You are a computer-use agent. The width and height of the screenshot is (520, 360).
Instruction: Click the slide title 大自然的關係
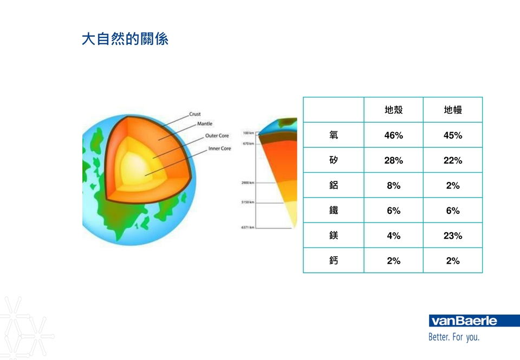125,39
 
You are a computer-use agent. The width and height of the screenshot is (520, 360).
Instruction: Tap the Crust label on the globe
195,114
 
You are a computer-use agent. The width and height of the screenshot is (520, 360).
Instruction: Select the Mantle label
205,123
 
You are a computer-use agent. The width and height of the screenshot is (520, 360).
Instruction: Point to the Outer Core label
217,135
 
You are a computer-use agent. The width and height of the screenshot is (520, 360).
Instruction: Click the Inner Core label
219,148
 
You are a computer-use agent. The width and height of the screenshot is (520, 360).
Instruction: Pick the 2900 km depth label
248,182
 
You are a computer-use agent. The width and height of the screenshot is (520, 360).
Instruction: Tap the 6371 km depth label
248,227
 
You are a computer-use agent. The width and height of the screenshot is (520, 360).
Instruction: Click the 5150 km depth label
248,202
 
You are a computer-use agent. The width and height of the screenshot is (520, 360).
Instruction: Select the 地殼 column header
394,110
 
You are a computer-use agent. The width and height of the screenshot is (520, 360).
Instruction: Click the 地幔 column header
453,110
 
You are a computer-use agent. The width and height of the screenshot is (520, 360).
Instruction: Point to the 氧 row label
334,135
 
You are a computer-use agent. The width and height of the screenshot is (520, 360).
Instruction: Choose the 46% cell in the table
394,135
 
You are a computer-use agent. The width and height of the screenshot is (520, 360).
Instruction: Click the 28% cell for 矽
394,160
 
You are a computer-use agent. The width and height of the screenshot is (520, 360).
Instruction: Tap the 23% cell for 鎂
453,235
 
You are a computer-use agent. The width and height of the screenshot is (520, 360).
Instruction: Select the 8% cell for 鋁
394,186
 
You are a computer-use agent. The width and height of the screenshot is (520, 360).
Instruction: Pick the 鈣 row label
334,260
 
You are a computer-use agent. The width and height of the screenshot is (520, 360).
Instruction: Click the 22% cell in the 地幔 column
453,160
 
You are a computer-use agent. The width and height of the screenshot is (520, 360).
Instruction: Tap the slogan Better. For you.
454,337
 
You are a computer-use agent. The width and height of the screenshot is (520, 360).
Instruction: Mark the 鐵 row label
334,210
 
